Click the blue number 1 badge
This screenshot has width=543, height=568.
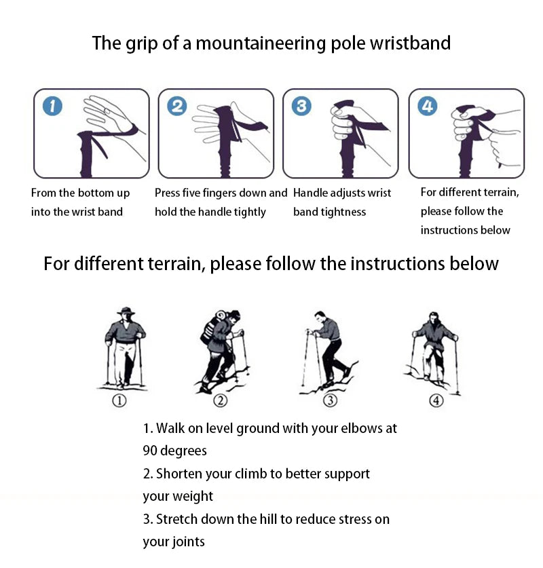click(x=53, y=107)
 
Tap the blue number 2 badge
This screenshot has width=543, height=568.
click(x=177, y=107)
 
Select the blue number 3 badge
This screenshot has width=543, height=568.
click(x=301, y=107)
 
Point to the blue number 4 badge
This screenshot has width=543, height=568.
click(x=428, y=107)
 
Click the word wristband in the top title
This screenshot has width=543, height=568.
click(x=410, y=43)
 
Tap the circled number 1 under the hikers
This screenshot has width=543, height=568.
click(x=119, y=401)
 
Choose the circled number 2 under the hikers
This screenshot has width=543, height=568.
click(x=220, y=401)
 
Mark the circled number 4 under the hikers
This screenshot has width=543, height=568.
click(x=436, y=401)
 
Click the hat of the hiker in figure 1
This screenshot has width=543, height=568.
click(x=125, y=312)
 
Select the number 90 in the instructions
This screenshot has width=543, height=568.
click(x=150, y=451)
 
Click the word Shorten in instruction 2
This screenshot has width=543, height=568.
click(x=179, y=474)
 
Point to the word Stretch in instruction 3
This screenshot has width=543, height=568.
click(x=177, y=520)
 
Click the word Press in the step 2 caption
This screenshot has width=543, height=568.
click(x=168, y=193)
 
